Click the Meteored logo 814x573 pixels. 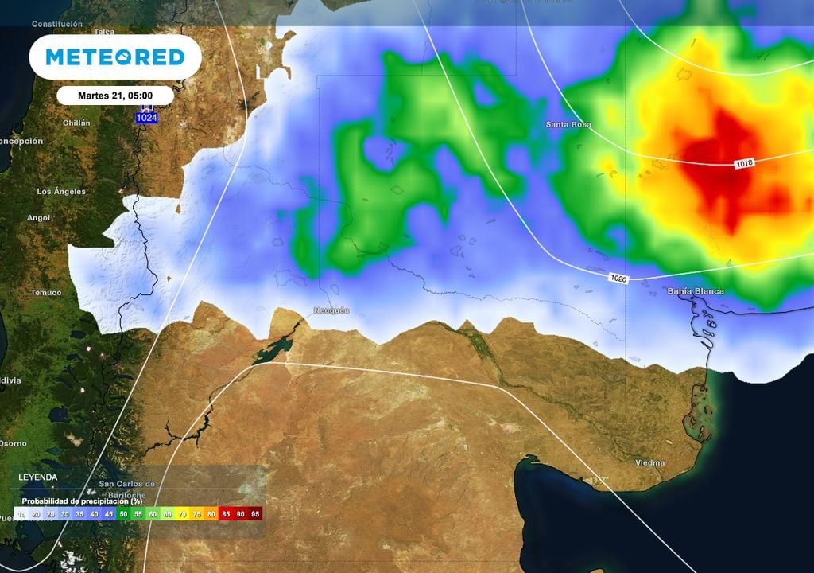coord(115,57)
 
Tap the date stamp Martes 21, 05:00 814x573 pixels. coord(115,95)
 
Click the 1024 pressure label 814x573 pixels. coord(146,118)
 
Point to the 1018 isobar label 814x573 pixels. coord(744,162)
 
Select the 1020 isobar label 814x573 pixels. coord(621,278)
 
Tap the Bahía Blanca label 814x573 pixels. coord(696,291)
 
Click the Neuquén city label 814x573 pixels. coord(331,310)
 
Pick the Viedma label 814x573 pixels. coord(650,462)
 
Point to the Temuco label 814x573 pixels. coord(46,293)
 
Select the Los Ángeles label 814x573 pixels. coord(61,192)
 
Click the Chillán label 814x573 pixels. coord(76,123)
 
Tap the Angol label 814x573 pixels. coord(38,217)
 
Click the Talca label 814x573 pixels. coord(104,32)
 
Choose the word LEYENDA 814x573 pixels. coord(37,477)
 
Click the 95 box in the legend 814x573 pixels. coord(255,515)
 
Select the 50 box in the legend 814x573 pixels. coord(122,515)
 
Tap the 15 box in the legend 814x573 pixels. coord(21,515)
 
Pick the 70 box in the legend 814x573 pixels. coord(181,515)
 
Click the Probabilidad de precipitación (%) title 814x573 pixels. coord(82,501)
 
